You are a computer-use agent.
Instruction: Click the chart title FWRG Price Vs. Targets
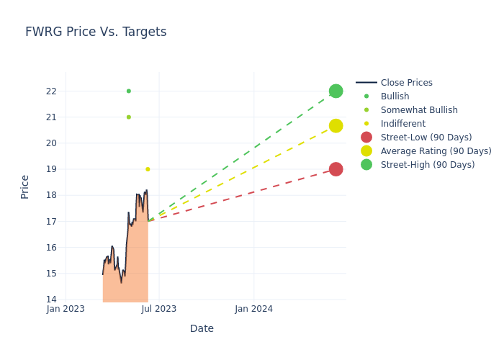pyautogui.click(x=96, y=32)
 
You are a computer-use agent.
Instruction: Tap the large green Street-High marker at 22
pyautogui.click(x=336, y=91)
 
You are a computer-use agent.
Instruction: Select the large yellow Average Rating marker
pyautogui.click(x=336, y=126)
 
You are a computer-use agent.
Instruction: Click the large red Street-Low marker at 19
pyautogui.click(x=336, y=169)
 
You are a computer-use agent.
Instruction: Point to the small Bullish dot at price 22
pyautogui.click(x=129, y=91)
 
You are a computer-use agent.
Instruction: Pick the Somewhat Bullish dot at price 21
pyautogui.click(x=129, y=117)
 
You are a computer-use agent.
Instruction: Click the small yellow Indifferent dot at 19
pyautogui.click(x=148, y=169)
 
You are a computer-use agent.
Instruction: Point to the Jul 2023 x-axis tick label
pyautogui.click(x=159, y=309)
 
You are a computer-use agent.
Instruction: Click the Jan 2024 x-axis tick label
pyautogui.click(x=253, y=309)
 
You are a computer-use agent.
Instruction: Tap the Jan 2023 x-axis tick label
pyautogui.click(x=66, y=309)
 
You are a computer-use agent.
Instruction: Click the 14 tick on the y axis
pyautogui.click(x=51, y=300)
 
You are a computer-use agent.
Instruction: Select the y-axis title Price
pyautogui.click(x=25, y=186)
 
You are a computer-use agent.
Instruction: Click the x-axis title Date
pyautogui.click(x=202, y=328)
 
